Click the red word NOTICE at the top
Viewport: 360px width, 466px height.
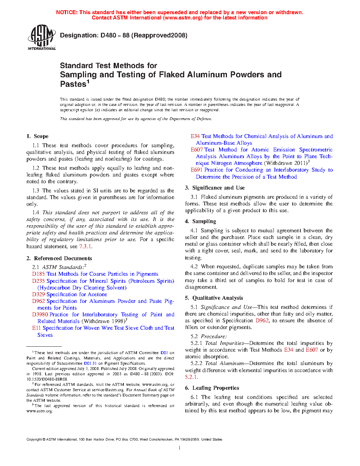[66, 12]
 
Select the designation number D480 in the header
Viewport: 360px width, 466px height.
[108, 35]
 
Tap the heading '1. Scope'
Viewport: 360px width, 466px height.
[37, 136]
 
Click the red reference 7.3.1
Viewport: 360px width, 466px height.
[85, 246]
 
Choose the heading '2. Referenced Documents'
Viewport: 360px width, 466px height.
[59, 258]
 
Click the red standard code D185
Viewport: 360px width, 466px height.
[38, 274]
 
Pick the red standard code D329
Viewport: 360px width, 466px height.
[38, 294]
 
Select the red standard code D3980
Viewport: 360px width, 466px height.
[40, 315]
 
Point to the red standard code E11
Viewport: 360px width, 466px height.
[36, 328]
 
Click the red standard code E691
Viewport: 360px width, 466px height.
[197, 170]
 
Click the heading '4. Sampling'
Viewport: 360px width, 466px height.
[200, 221]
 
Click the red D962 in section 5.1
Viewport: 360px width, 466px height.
[262, 321]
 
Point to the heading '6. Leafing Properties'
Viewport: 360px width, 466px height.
[212, 388]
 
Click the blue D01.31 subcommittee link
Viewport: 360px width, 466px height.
[90, 363]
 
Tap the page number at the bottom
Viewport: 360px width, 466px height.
[180, 448]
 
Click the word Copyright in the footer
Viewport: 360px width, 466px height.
[34, 440]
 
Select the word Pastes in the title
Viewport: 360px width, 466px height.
[73, 84]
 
